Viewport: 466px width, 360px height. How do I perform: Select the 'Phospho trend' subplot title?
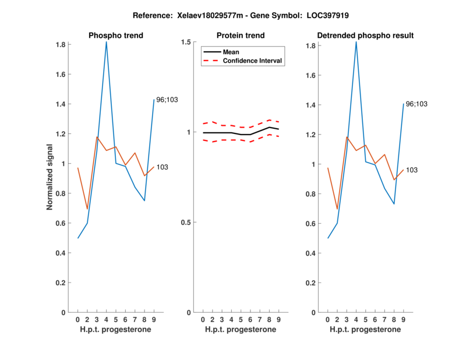click(x=115, y=36)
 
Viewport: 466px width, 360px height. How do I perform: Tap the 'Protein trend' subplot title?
click(x=241, y=36)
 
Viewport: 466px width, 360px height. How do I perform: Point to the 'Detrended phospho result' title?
click(x=365, y=36)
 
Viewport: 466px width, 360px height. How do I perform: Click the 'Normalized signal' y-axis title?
click(x=50, y=177)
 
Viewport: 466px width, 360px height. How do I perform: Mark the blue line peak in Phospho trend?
click(x=106, y=42)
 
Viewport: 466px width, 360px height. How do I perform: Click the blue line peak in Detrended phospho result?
click(x=356, y=41)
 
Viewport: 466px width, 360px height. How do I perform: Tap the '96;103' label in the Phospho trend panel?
click(x=167, y=100)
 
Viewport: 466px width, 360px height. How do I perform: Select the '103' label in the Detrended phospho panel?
click(x=412, y=170)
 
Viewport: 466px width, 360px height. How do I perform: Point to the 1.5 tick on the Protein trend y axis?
click(x=187, y=42)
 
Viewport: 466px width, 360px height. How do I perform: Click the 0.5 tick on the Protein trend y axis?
click(x=187, y=223)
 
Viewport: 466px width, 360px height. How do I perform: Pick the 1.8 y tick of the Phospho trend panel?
click(x=61, y=45)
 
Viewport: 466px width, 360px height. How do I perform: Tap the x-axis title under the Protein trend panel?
click(x=241, y=330)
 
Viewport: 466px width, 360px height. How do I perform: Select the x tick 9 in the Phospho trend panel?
click(x=154, y=320)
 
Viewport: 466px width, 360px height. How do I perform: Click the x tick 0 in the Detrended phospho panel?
click(x=328, y=320)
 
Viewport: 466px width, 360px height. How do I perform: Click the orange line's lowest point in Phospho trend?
click(x=87, y=209)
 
